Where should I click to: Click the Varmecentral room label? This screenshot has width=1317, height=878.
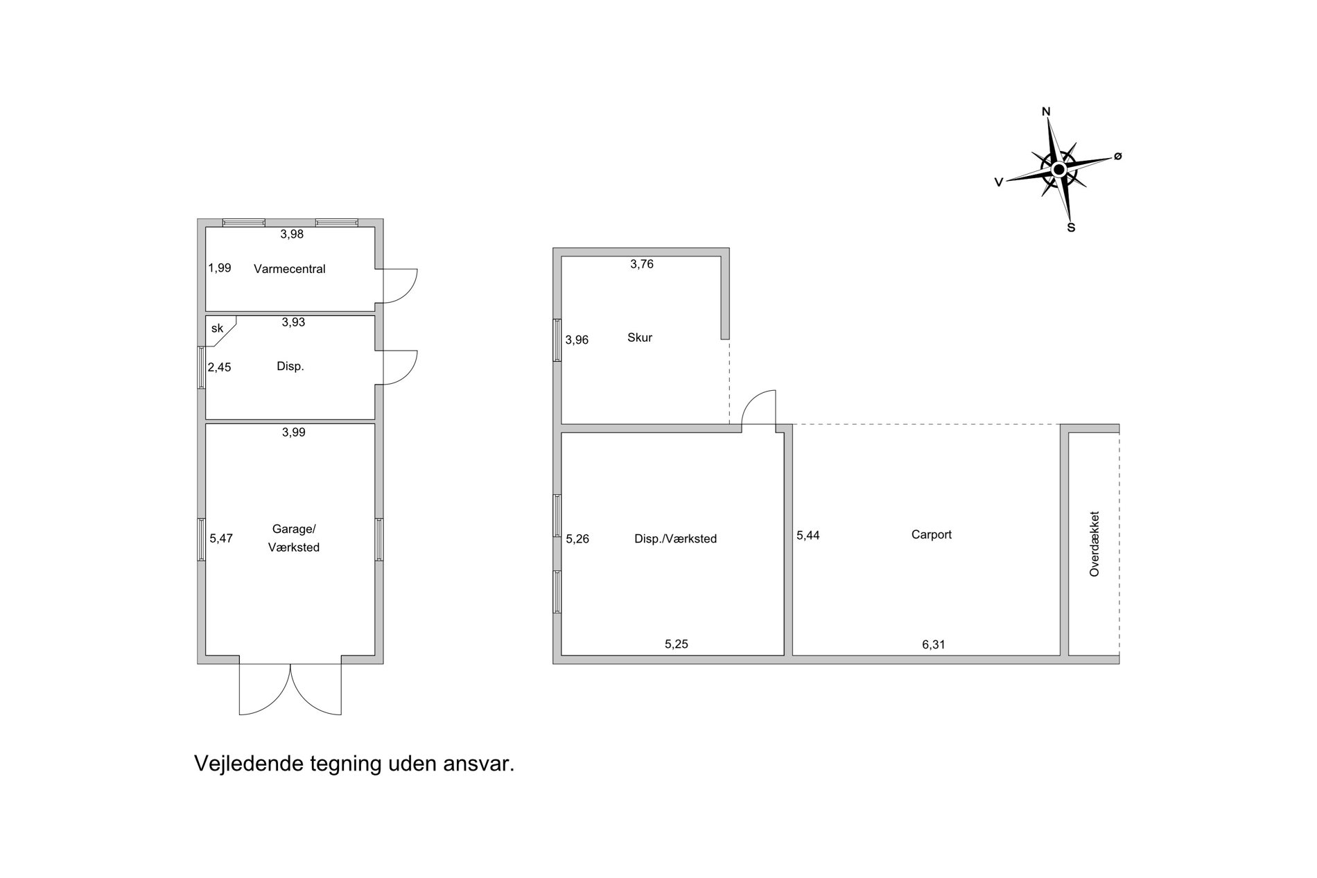pyautogui.click(x=289, y=269)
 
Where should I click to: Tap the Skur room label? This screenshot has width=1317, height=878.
pyautogui.click(x=640, y=338)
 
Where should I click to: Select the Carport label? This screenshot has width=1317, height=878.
pyautogui.click(x=932, y=535)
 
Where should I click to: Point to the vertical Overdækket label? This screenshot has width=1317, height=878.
pyautogui.click(x=1094, y=544)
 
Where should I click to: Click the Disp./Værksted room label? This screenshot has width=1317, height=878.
pyautogui.click(x=676, y=539)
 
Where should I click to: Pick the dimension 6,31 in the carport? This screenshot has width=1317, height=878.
pyautogui.click(x=933, y=644)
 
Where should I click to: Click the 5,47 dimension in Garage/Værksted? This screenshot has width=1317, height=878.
pyautogui.click(x=221, y=538)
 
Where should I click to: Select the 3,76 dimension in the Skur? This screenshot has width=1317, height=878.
pyautogui.click(x=642, y=264)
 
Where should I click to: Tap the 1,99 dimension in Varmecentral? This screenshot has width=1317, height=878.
pyautogui.click(x=220, y=267)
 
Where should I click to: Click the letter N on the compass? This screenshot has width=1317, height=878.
pyautogui.click(x=1047, y=112)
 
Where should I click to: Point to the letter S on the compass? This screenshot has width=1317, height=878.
pyautogui.click(x=1071, y=227)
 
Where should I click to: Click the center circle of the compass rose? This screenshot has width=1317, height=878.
pyautogui.click(x=1058, y=170)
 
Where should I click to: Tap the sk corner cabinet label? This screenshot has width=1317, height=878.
pyautogui.click(x=217, y=328)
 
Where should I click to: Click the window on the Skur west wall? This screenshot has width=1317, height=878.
pyautogui.click(x=557, y=340)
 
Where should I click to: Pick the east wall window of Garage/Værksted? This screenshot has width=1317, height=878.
pyautogui.click(x=379, y=539)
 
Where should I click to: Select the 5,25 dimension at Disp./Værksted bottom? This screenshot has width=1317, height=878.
pyautogui.click(x=677, y=644)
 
